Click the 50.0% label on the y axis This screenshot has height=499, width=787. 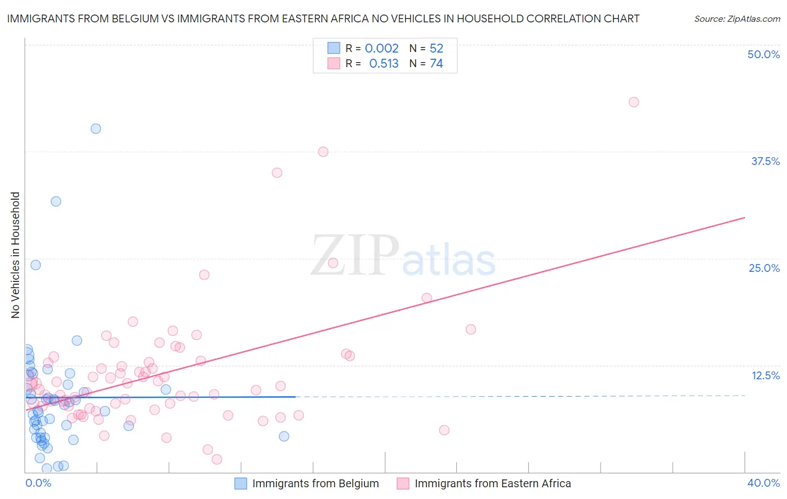[763, 54]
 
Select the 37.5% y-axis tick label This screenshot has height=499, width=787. [765, 161]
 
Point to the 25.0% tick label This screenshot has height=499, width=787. [764, 268]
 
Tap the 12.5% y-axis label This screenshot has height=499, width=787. [765, 375]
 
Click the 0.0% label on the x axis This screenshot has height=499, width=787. [38, 483]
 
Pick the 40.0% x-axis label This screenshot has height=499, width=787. [763, 483]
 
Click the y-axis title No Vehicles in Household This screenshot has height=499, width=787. [15, 255]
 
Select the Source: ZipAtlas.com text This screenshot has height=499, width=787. [737, 19]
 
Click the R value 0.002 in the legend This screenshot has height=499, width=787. [382, 49]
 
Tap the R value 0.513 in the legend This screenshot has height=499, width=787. [383, 64]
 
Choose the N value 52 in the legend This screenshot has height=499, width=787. [436, 49]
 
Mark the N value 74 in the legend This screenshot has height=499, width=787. [436, 64]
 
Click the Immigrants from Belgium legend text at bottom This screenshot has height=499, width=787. [315, 483]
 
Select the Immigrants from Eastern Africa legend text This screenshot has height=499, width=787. [493, 483]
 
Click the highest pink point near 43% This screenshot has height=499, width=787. [634, 102]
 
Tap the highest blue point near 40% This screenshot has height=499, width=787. [96, 129]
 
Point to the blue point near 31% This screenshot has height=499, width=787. [56, 201]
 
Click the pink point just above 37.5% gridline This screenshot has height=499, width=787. [323, 152]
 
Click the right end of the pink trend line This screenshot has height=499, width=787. [744, 217]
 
